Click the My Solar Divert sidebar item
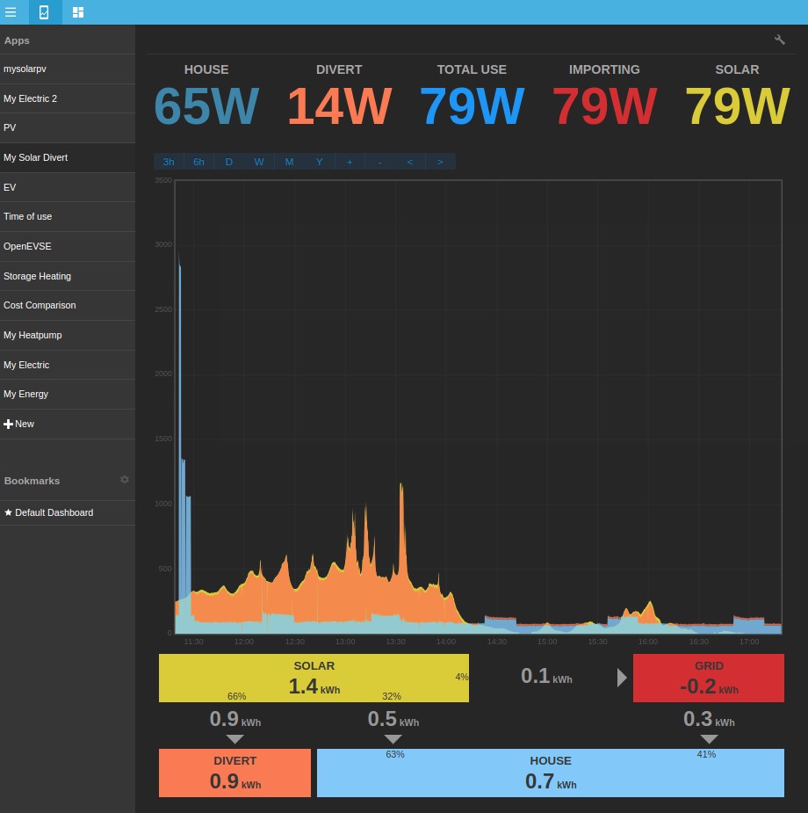tap(36, 157)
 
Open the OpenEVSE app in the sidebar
tap(28, 246)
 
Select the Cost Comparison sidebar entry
tap(40, 305)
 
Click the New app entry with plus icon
tap(19, 424)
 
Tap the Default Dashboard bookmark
tap(48, 512)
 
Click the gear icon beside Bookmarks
tap(125, 480)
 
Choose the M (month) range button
tap(289, 162)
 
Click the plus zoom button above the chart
tap(350, 162)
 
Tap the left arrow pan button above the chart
tap(409, 162)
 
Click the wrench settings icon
tap(780, 40)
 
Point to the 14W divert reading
tap(339, 106)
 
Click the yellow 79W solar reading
tap(737, 106)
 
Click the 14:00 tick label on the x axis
tap(446, 642)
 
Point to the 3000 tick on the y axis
tap(163, 244)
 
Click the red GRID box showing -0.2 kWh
tap(708, 678)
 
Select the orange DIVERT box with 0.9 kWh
tap(234, 773)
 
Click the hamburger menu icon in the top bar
tap(11, 12)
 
